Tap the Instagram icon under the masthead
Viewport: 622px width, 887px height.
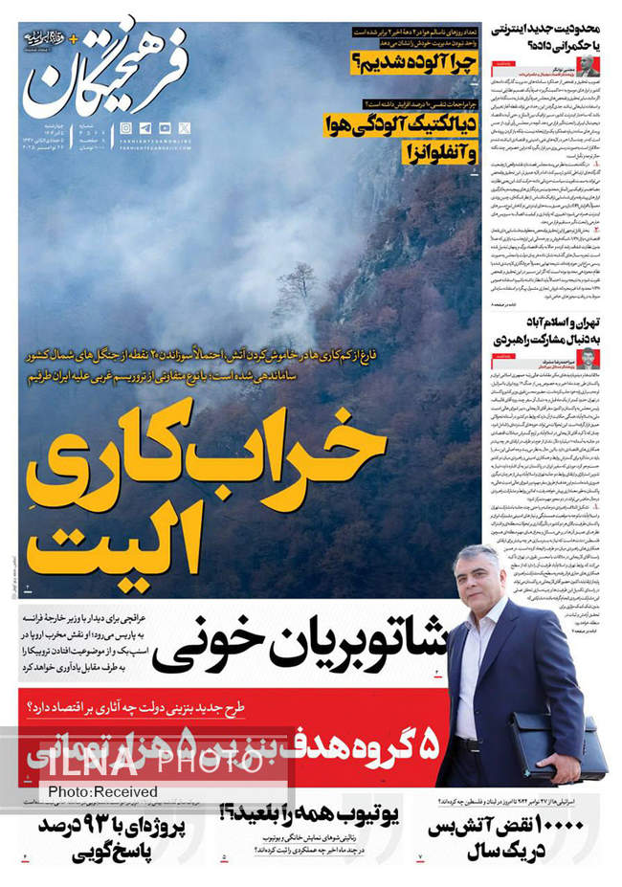click(127, 128)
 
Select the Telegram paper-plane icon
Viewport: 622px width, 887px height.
click(144, 128)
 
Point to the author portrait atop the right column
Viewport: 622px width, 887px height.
click(588, 66)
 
